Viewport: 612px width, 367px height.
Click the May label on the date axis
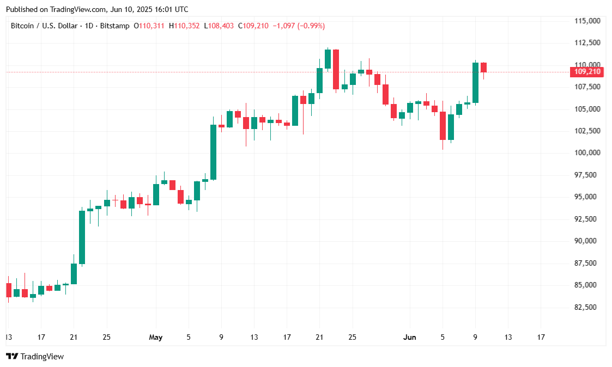click(x=156, y=338)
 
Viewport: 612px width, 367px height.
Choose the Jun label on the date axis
click(x=410, y=338)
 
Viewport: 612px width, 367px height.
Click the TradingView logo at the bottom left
click(x=35, y=357)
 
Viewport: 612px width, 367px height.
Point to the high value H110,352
click(x=184, y=26)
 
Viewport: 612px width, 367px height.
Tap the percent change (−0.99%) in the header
click(x=310, y=26)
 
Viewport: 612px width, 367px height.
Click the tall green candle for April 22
click(x=82, y=237)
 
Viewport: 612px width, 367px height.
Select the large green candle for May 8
click(x=213, y=152)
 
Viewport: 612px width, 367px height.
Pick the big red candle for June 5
click(x=443, y=126)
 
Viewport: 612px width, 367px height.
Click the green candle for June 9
click(x=475, y=82)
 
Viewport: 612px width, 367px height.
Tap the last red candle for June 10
click(x=483, y=68)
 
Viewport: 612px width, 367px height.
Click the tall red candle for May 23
click(x=336, y=69)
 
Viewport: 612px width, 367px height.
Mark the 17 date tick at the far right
click(x=541, y=338)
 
